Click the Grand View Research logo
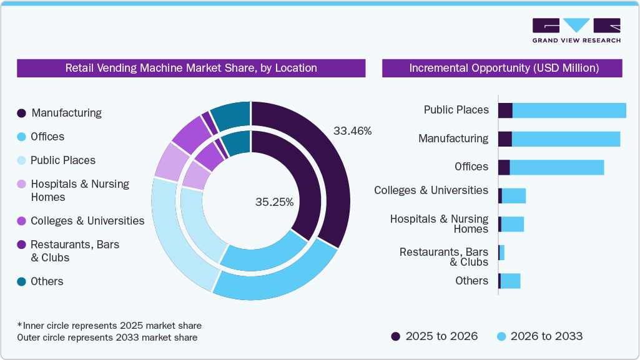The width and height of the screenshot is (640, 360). pos(576,30)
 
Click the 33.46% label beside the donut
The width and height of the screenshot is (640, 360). pos(352,131)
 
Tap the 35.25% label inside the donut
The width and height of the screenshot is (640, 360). pos(274,202)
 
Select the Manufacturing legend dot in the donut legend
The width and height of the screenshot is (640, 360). pos(21,113)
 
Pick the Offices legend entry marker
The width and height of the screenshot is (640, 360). pos(21,137)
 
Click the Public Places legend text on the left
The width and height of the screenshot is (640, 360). pos(63,160)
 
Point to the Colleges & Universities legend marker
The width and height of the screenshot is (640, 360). pos(21,221)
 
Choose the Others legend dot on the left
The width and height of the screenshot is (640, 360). pos(21,281)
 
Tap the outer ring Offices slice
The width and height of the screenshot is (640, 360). pos(275,284)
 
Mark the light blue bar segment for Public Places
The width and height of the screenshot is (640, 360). pos(568,110)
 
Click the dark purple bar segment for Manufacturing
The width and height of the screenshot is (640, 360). pos(505,139)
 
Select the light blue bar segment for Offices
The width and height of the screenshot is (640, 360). pos(556,167)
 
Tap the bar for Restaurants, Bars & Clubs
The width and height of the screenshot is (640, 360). pos(501,252)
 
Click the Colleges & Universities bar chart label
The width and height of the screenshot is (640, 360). pos(431,190)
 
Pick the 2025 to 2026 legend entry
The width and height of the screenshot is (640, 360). pos(435,336)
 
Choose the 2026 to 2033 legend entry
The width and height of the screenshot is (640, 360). pos(539,336)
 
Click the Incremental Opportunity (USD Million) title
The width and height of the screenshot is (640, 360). pos(503,68)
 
